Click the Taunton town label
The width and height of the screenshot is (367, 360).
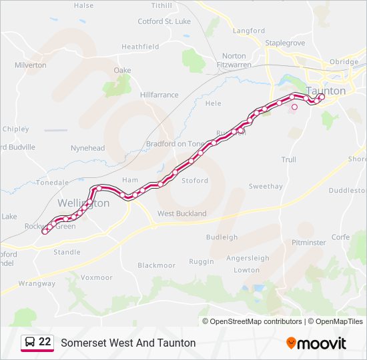pos(326,91)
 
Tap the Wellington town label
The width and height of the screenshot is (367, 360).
pos(83,203)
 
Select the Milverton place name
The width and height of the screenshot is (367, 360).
pos(31,65)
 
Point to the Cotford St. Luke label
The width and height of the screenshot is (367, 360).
pos(163,21)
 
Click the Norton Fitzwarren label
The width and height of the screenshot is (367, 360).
pos(234,60)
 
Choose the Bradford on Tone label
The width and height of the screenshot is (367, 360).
pos(175,143)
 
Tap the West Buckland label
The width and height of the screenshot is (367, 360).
pos(181,213)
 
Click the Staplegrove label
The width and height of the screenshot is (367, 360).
pos(285,42)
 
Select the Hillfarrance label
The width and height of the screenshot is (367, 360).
pos(160,95)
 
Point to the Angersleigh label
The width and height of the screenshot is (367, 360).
pos(248,258)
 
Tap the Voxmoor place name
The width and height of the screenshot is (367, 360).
pos(96,277)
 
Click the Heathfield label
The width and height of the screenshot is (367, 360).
pos(140,47)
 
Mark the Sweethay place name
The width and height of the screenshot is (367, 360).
pos(266,187)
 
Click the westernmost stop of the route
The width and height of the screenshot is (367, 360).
pos(45,232)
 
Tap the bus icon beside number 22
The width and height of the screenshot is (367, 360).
pos(30,343)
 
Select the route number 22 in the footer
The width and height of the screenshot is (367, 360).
pos(45,342)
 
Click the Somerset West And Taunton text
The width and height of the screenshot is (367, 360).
pos(128,343)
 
